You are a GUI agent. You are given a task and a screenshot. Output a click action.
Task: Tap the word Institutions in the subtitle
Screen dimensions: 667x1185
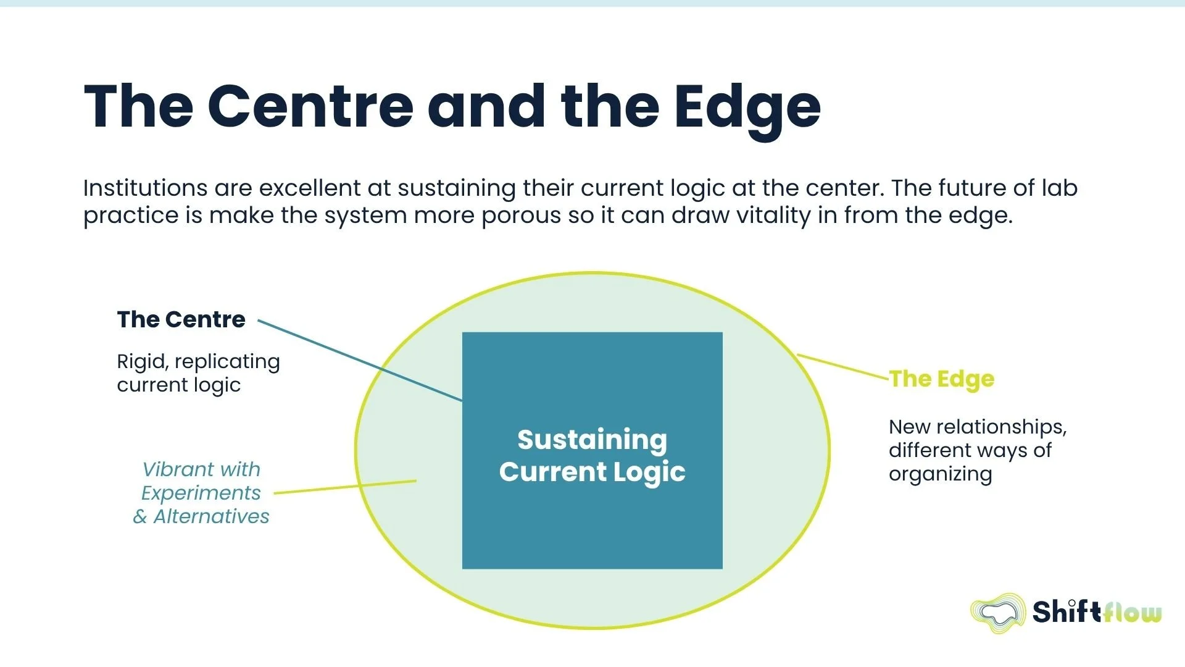[145, 188]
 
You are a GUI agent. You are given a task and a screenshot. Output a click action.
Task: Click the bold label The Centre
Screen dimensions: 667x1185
[181, 319]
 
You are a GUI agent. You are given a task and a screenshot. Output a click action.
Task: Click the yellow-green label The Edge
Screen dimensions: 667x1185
[942, 379]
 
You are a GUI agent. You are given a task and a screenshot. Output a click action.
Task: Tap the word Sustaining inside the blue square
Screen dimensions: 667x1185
[592, 440]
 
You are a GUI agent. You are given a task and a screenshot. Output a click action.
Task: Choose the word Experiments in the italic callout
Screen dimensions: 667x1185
[201, 493]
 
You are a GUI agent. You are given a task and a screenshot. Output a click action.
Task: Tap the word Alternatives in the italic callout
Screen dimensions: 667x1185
[211, 516]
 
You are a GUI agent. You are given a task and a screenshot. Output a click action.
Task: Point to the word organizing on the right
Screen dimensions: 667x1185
[940, 474]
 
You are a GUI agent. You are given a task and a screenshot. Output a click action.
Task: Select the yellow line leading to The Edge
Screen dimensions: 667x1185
[842, 366]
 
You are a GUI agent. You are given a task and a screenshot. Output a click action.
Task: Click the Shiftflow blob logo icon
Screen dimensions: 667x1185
[997, 613]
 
